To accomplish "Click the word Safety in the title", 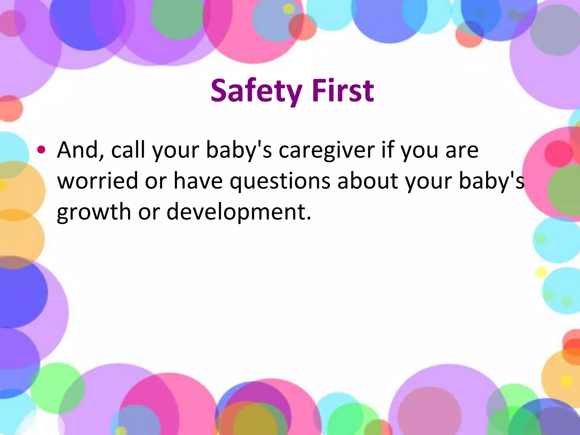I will (256, 91).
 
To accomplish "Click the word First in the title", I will (343, 91).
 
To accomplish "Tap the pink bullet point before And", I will (41, 150).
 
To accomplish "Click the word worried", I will (97, 181).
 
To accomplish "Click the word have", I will (198, 181).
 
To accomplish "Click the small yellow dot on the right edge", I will (541, 272).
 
